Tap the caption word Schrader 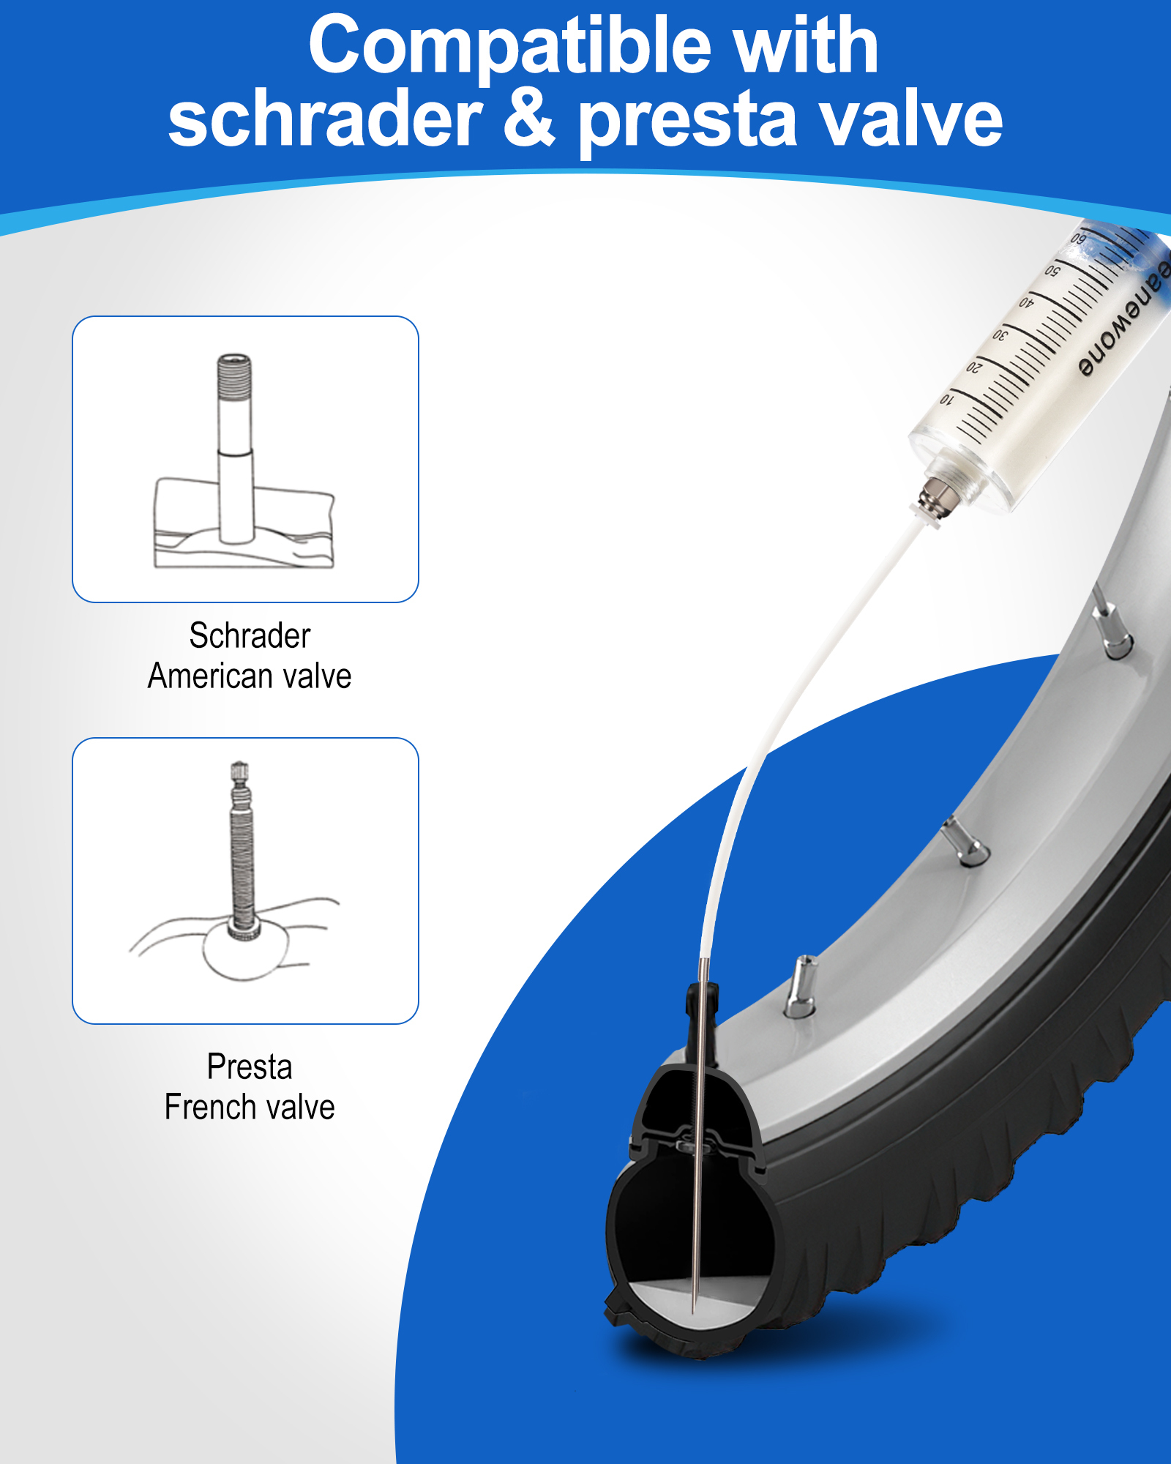(250, 635)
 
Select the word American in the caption (207, 676)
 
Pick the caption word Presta (250, 1067)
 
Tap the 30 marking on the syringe (1000, 335)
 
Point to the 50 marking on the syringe (1052, 270)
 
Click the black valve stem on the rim (695, 1025)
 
